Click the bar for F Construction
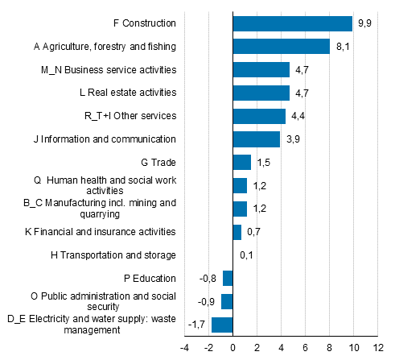pyautogui.click(x=292, y=23)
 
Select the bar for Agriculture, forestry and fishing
pyautogui.click(x=281, y=47)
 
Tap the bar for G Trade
pyautogui.click(x=241, y=163)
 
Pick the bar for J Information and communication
pyautogui.click(x=256, y=139)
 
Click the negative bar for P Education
pyautogui.click(x=228, y=279)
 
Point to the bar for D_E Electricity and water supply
pyautogui.click(x=222, y=325)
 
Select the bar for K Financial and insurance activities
pyautogui.click(x=237, y=232)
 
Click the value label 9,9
pyautogui.click(x=364, y=23)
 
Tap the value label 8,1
pyautogui.click(x=343, y=47)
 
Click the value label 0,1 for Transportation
pyautogui.click(x=247, y=255)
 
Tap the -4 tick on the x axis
pyautogui.click(x=184, y=348)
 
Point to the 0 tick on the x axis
pyautogui.click(x=232, y=348)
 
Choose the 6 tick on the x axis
pyautogui.click(x=305, y=348)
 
